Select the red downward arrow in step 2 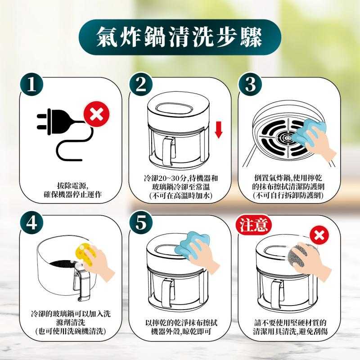[x=219, y=130]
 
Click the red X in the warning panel [x=319, y=235]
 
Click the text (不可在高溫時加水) [x=180, y=195]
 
